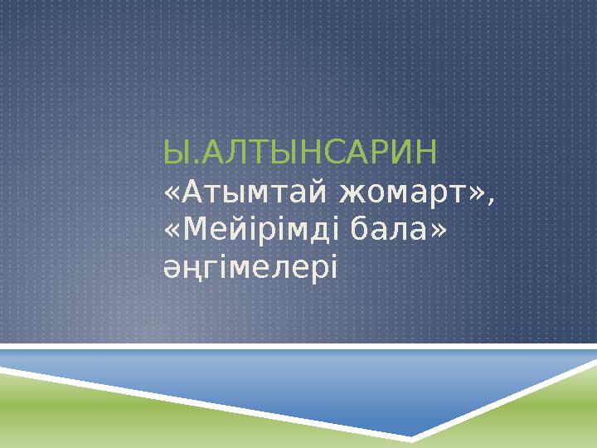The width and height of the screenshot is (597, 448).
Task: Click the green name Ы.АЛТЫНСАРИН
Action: pos(302,153)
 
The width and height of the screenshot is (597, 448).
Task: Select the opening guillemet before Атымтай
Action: pos(171,196)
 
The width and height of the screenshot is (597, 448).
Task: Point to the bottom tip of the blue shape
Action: pos(411,436)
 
